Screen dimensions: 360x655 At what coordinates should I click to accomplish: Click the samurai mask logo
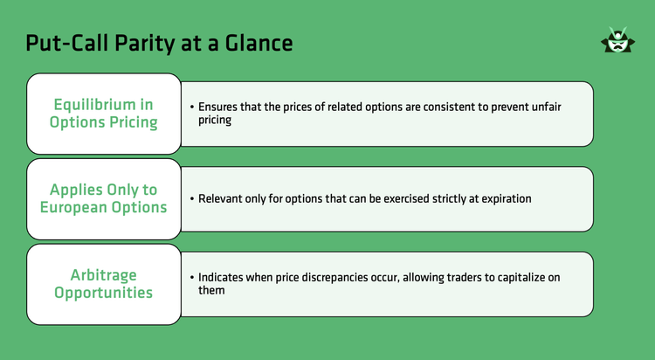pos(617,41)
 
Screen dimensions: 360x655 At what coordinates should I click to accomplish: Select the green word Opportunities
pos(103,293)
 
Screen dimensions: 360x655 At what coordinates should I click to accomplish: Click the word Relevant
pos(224,199)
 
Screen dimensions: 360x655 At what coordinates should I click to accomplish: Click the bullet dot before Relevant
pos(191,199)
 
